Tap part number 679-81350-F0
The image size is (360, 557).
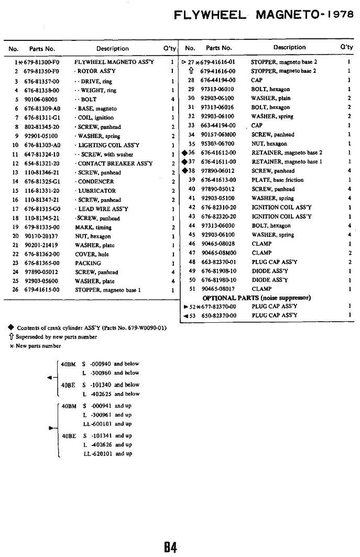point(40,71)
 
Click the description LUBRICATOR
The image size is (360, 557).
point(96,191)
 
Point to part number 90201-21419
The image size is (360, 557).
point(40,245)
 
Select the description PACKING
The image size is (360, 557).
point(88,263)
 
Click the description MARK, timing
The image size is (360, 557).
point(93,227)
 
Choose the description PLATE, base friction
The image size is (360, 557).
point(277,180)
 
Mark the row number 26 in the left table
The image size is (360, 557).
point(15,289)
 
